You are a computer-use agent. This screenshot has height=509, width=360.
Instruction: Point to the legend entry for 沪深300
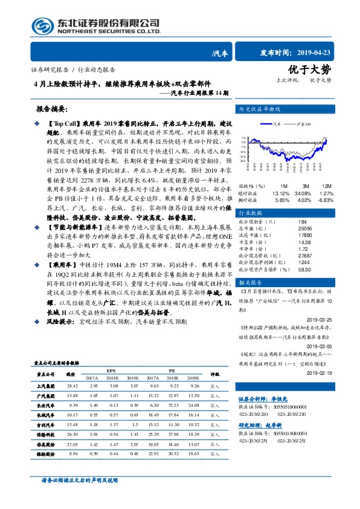(x=302, y=124)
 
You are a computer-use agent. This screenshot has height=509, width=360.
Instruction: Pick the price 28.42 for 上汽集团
(x=72, y=385)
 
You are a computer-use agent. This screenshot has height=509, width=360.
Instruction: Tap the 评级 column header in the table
(x=214, y=375)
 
